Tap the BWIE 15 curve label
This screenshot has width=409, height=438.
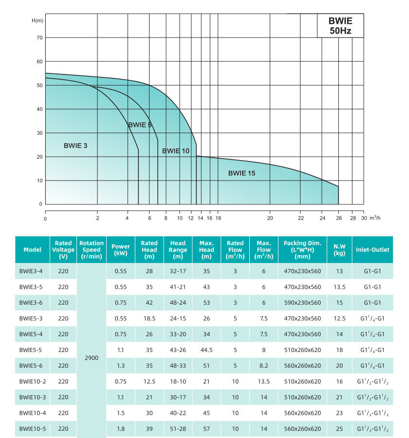[242, 173]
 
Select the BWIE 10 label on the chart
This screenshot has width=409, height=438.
[176, 151]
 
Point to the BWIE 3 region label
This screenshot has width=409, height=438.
[75, 146]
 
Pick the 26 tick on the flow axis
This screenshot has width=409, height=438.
[338, 219]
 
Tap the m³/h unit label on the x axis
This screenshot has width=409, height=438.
[375, 218]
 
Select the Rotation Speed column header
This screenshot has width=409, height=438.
[92, 250]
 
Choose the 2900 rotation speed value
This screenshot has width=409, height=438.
[92, 358]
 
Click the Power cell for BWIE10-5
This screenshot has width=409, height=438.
[121, 429]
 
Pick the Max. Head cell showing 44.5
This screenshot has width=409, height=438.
[207, 350]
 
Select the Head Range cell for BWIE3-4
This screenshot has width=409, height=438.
[178, 271]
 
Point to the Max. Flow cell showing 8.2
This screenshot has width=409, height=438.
[264, 365]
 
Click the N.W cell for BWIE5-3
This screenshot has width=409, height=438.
[339, 318]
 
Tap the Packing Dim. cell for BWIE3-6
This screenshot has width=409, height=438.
[302, 303]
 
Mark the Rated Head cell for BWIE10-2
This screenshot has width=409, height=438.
[149, 382]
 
